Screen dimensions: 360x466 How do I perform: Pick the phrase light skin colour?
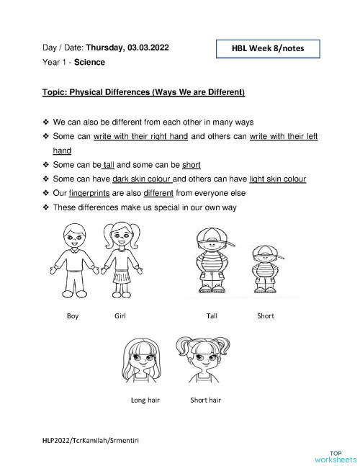click(276, 179)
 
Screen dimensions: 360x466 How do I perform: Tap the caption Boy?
click(72, 315)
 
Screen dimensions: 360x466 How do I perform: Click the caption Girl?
click(120, 315)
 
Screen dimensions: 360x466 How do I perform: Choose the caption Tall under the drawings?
click(212, 315)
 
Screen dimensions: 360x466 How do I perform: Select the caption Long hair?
click(145, 399)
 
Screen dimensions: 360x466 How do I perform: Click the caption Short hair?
click(205, 399)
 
